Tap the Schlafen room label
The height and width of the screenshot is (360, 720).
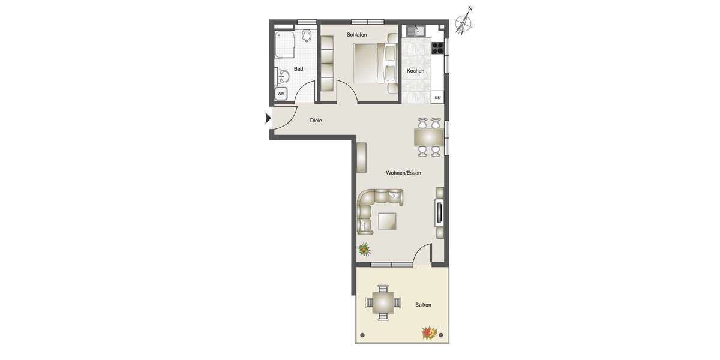click(x=356, y=35)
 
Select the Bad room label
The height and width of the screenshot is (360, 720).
click(x=298, y=69)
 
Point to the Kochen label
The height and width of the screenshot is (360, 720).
click(x=415, y=71)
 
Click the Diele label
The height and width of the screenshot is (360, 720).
click(x=316, y=121)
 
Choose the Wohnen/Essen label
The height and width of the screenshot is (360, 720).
click(x=403, y=173)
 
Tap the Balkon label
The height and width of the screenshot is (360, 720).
click(x=423, y=305)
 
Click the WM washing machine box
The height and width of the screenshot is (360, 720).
click(x=281, y=94)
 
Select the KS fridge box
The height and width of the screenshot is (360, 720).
click(x=437, y=97)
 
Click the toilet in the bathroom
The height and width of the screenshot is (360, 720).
click(x=307, y=36)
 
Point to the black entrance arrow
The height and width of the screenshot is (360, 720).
click(x=268, y=119)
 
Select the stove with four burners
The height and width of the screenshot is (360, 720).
click(x=438, y=47)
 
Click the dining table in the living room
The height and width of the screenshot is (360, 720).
click(x=428, y=137)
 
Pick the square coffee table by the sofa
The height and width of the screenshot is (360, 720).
click(x=387, y=222)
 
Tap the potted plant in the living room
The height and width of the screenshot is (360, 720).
click(x=364, y=248)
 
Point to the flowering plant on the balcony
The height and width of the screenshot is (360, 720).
click(x=428, y=332)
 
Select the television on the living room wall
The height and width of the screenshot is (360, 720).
click(x=440, y=213)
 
